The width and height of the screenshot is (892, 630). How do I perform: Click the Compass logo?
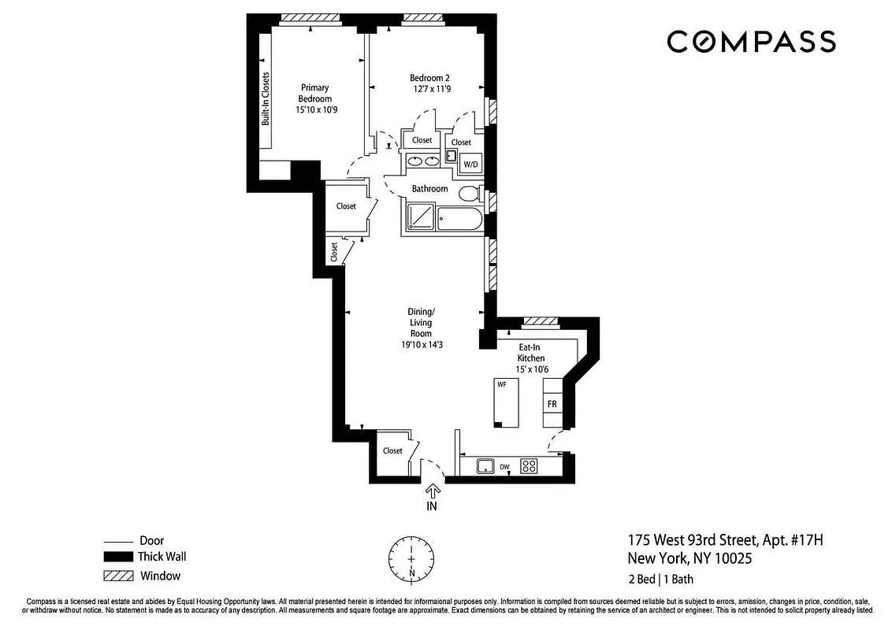[x=751, y=41]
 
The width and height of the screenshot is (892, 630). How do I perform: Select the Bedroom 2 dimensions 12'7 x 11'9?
[x=429, y=89]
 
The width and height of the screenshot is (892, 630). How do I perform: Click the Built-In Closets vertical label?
[x=266, y=98]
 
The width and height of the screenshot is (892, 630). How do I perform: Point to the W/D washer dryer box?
[x=470, y=164]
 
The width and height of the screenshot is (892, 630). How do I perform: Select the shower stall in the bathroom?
[x=419, y=217]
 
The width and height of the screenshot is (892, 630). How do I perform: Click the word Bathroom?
[x=429, y=189]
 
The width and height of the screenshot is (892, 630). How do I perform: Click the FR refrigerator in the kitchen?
[x=553, y=403]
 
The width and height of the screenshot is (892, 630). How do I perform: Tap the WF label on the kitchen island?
[x=501, y=385]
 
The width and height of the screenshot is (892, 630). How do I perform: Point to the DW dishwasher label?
[x=504, y=467]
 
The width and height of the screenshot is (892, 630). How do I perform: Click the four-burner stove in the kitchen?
[x=529, y=466]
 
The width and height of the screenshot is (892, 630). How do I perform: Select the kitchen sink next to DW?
[x=484, y=466]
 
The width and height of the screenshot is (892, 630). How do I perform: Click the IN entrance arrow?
[x=431, y=494]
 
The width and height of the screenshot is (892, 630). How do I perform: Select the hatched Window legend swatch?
[x=117, y=576]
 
